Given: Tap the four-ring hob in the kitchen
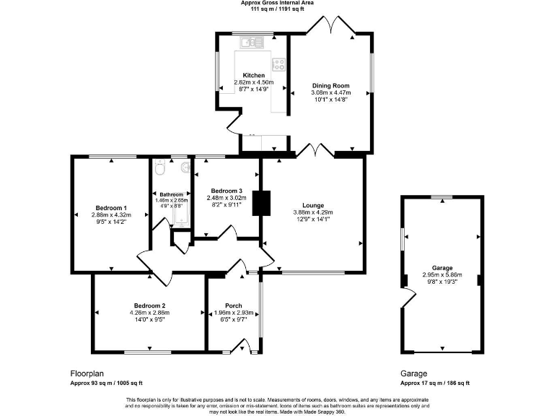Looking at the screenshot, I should (278, 64).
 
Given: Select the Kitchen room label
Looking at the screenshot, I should (253, 75).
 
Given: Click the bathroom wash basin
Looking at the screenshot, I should (186, 169).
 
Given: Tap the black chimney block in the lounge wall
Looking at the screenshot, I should (265, 202).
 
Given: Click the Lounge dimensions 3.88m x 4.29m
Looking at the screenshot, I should (313, 212).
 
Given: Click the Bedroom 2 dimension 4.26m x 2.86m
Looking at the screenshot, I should (149, 313).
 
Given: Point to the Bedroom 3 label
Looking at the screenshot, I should (226, 190).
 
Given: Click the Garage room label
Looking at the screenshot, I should (441, 267).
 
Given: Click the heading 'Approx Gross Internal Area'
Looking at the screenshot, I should (276, 3).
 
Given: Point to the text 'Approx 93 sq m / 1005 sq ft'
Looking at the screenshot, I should (106, 383).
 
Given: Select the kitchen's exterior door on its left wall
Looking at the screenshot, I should (233, 123).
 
